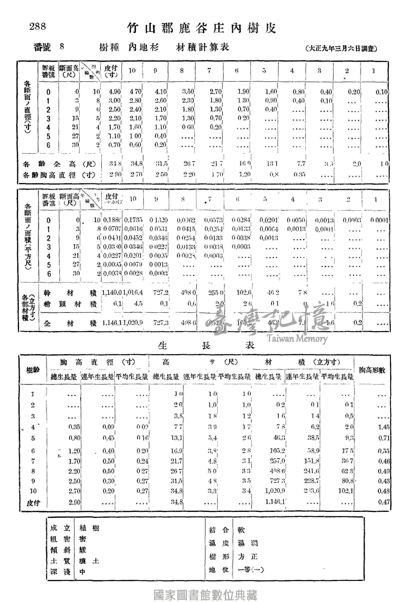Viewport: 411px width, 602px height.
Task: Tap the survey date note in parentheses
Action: pos(341,48)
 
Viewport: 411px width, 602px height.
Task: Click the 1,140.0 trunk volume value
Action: pos(112,293)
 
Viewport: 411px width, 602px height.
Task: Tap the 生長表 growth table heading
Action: pos(206,345)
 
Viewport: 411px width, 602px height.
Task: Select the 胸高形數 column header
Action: pos(372,370)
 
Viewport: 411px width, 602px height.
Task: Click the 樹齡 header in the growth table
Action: pos(33,370)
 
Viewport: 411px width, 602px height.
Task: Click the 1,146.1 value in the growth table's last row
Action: pos(275,502)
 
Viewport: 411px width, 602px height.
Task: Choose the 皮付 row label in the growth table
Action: pos(33,503)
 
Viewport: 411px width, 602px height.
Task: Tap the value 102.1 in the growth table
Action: pos(346,491)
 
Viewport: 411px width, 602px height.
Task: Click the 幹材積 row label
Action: pos(70,293)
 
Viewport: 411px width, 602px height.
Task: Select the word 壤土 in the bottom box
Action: pos(89,561)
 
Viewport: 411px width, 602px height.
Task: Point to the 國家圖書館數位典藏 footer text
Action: pos(205,595)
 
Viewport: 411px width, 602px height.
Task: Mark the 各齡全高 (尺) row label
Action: pos(60,164)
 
